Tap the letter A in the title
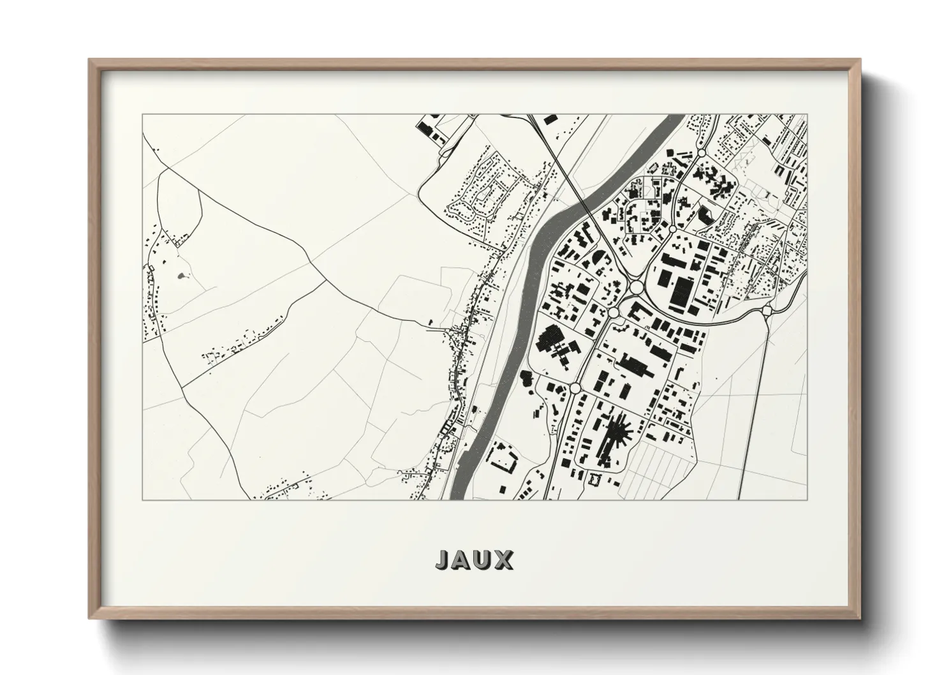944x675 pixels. coord(464,560)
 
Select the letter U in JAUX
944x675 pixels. coord(484,560)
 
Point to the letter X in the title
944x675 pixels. coord(504,560)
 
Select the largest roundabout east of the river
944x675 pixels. coord(636,288)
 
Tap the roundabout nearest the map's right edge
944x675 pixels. coord(767,311)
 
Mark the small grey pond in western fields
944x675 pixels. coord(184,276)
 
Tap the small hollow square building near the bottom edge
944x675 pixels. coord(597,478)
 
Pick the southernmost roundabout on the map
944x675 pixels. coord(575,388)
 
